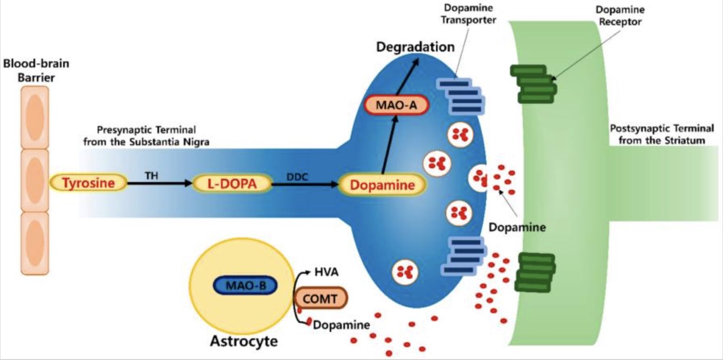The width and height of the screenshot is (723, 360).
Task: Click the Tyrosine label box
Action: coord(88,183)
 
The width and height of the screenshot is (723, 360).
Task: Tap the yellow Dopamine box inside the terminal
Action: coord(382,185)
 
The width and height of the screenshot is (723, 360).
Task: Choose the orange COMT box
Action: coord(321,297)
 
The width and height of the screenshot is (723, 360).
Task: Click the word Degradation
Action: coord(414,47)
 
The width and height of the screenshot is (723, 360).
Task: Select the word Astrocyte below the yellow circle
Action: coord(243,341)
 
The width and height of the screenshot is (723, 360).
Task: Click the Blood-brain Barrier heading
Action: coord(36,70)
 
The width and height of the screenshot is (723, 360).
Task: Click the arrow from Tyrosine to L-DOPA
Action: coord(160,184)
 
